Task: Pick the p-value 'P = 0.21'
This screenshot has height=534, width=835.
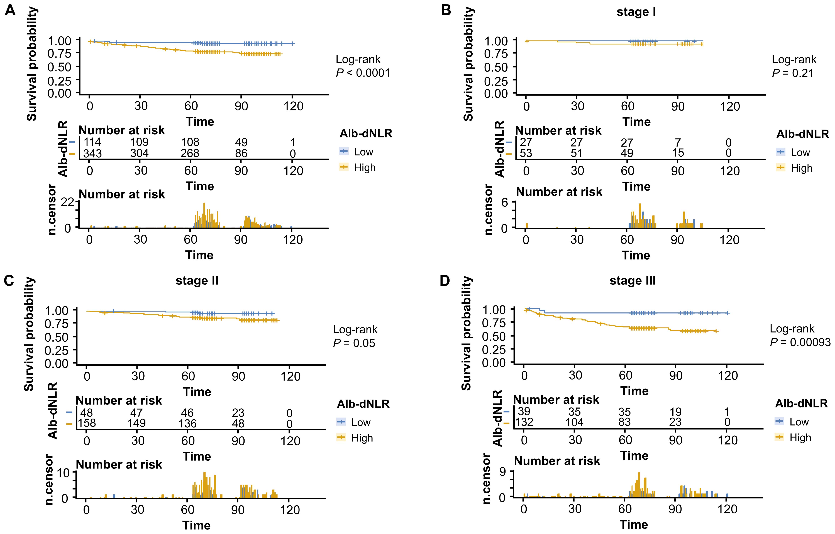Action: [793, 73]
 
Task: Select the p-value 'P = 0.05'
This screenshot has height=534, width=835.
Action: [354, 343]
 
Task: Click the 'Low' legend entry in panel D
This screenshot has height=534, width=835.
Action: [799, 422]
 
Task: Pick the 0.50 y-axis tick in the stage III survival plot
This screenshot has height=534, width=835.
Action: [494, 336]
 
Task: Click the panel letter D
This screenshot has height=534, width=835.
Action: [445, 280]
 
